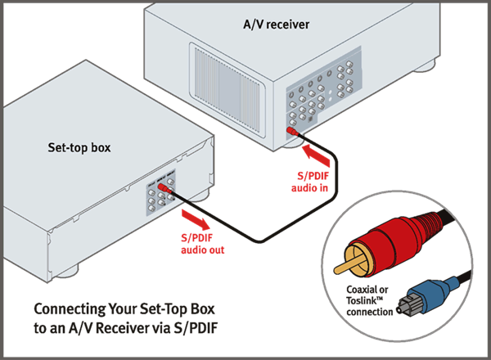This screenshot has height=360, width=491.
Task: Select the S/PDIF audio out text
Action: [x=200, y=244]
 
